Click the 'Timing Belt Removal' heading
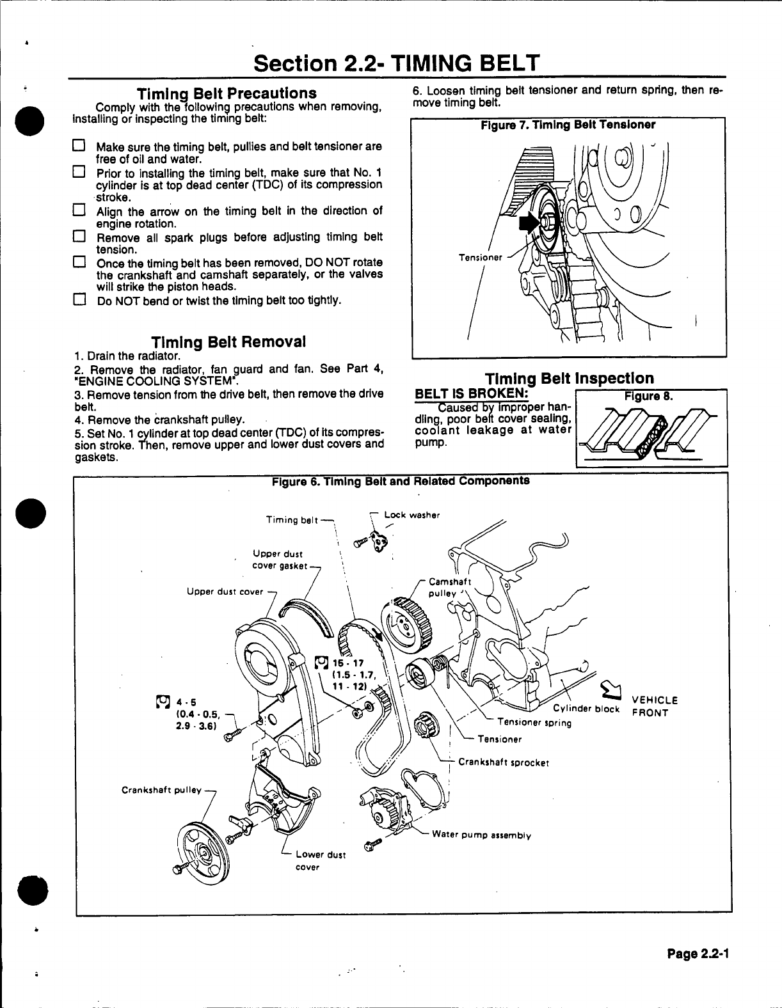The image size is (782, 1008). pos(228,341)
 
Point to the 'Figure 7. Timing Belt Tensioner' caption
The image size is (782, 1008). pos(568,125)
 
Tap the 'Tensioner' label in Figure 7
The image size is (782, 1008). pos(481,257)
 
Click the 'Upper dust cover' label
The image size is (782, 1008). pos(225,592)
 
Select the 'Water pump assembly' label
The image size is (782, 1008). pos(481,835)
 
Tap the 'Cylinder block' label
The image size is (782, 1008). pos(586,708)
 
